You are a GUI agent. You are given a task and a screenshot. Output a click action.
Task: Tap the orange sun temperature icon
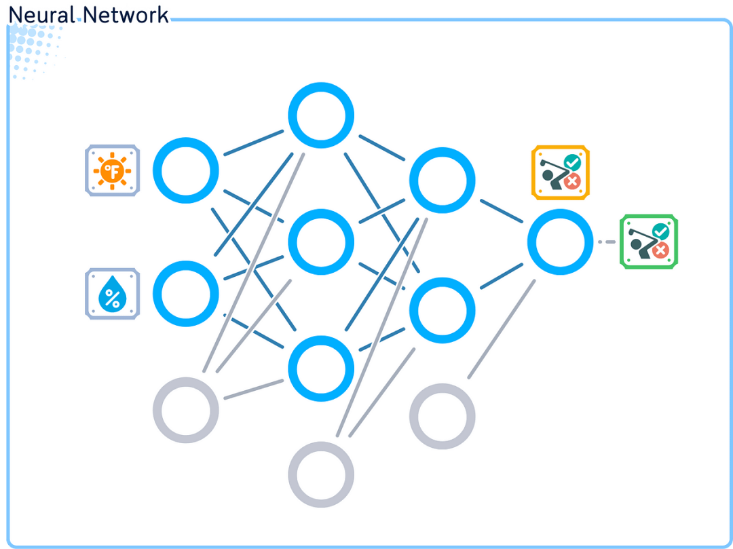[x=113, y=170]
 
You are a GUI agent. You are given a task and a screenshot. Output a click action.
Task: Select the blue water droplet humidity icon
[x=113, y=294]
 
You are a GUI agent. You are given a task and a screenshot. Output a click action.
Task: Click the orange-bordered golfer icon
[x=560, y=172]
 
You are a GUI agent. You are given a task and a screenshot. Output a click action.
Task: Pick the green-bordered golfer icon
[x=650, y=242]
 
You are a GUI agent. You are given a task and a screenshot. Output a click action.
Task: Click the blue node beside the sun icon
[x=186, y=170]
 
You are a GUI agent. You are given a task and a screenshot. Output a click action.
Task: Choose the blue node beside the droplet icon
[x=186, y=294]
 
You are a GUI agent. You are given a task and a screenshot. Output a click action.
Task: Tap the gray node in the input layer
[x=186, y=411]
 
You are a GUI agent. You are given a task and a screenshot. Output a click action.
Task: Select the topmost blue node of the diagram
[x=321, y=115]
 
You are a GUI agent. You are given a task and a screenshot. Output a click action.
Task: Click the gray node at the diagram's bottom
[x=321, y=474]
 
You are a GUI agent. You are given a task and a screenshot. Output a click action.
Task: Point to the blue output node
[x=561, y=242]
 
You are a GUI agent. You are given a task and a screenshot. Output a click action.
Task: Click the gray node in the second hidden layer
[x=443, y=416]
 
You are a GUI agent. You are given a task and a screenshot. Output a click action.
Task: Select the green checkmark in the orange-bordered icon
[x=573, y=162]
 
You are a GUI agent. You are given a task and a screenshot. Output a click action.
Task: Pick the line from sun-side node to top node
[x=253, y=143]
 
